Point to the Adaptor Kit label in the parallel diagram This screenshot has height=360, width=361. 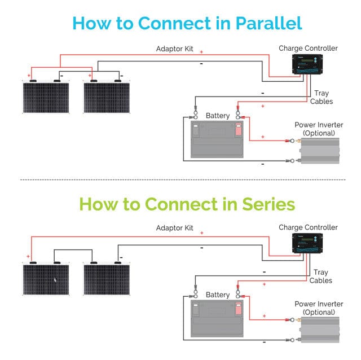[174, 49]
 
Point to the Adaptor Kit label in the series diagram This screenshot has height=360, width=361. [174, 228]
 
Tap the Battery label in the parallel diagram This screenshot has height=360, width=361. [218, 116]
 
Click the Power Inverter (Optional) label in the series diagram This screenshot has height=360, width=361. [319, 308]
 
